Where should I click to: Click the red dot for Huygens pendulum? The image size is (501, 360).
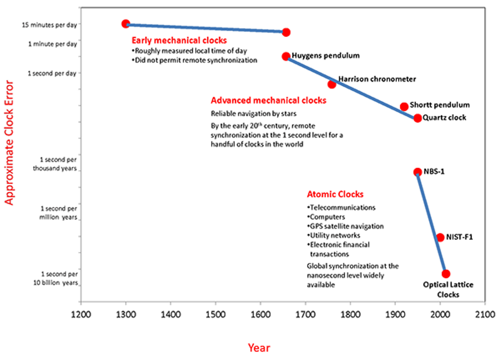click(286, 56)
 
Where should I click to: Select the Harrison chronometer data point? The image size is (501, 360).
click(332, 84)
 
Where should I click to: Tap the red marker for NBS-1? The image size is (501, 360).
click(417, 172)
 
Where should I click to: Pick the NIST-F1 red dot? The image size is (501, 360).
click(440, 237)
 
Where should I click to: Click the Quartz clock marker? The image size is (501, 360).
click(417, 118)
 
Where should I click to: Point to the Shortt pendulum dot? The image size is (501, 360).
click(404, 106)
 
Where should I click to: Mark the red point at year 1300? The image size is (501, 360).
click(126, 23)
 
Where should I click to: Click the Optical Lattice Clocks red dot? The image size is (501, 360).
click(446, 273)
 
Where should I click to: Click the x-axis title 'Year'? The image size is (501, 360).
click(259, 348)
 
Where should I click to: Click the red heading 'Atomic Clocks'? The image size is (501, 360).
click(335, 194)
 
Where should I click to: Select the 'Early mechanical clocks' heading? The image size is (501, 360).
click(179, 41)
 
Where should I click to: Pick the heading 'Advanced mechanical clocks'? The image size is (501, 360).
click(268, 101)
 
